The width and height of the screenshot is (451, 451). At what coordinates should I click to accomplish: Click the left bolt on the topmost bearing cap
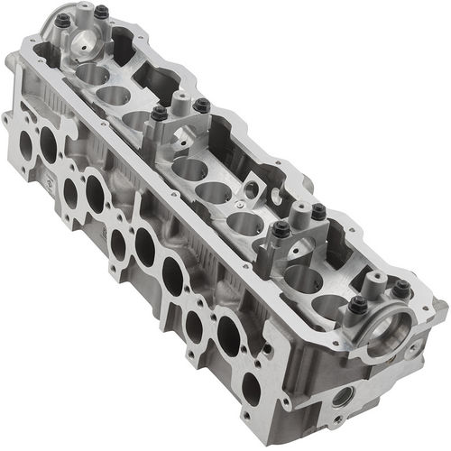tap(62, 20)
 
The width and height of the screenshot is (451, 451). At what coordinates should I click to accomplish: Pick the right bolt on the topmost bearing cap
tap(100, 13)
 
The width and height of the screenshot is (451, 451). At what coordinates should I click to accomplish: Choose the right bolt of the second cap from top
tap(201, 106)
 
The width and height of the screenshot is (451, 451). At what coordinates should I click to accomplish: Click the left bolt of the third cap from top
tap(281, 229)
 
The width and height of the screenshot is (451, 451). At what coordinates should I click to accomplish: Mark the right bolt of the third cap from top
tap(318, 213)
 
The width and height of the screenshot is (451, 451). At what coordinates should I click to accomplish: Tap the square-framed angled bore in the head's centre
tap(255, 190)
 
